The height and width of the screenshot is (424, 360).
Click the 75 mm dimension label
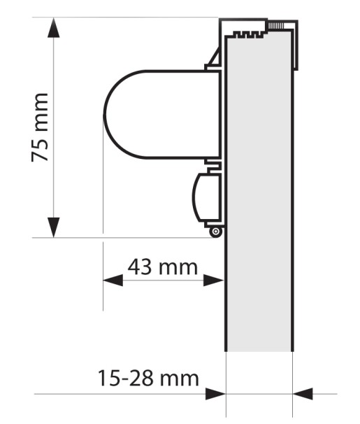pyautogui.click(x=40, y=127)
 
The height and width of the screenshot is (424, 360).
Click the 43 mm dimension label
pyautogui.click(x=163, y=267)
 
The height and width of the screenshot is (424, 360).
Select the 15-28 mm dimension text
pyautogui.click(x=148, y=378)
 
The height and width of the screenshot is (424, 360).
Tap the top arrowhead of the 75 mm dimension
pyautogui.click(x=53, y=27)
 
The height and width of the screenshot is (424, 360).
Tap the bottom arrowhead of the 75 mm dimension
pyautogui.click(x=53, y=227)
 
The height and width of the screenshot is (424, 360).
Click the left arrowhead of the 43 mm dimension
pyautogui.click(x=113, y=280)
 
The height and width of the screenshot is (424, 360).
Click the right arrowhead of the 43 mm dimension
pyautogui.click(x=214, y=280)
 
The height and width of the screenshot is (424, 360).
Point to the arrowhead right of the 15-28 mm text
pyautogui.click(x=215, y=394)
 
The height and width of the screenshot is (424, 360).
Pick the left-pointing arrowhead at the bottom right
pyautogui.click(x=303, y=394)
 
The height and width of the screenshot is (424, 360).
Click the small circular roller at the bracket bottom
pyautogui.click(x=215, y=232)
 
